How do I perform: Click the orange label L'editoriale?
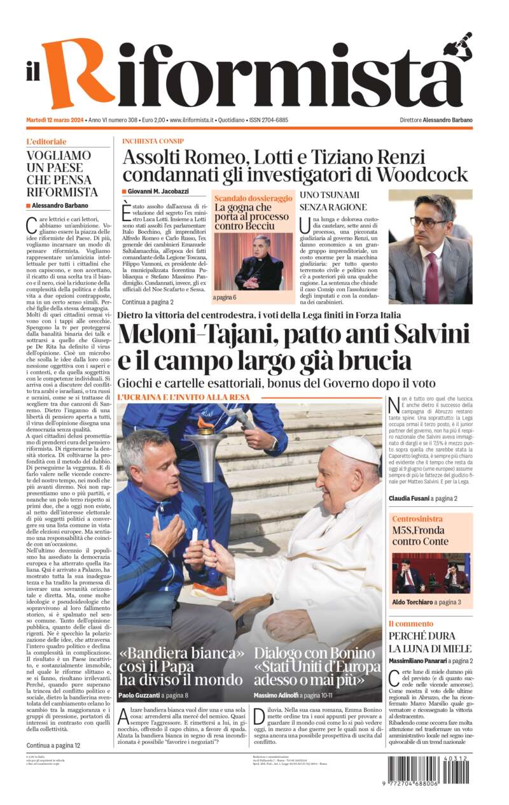[x=46, y=141]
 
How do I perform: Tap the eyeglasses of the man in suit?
[x=428, y=222]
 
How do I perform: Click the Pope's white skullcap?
[x=353, y=450]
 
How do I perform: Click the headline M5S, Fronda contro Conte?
[x=419, y=536]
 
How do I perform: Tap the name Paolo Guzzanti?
[x=139, y=695]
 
